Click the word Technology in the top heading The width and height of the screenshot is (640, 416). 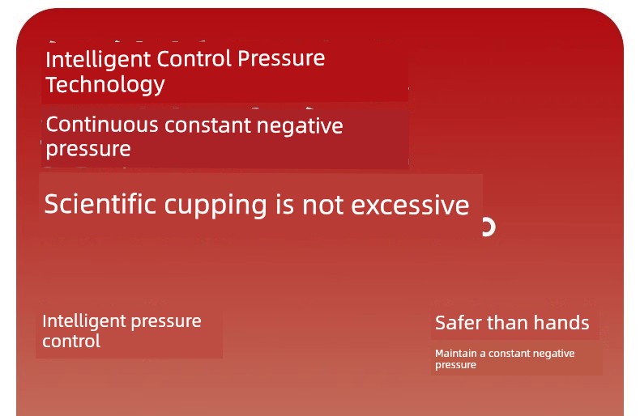105,85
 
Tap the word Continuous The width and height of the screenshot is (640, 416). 102,125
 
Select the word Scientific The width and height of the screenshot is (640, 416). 100,203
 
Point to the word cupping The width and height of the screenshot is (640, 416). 215,205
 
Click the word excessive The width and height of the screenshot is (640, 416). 410,205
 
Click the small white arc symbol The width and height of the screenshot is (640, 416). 489,227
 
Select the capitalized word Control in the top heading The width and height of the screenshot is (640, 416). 194,59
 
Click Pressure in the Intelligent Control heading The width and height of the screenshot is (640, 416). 281,59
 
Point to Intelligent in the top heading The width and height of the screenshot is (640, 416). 98,60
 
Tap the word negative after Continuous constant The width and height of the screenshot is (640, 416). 300,125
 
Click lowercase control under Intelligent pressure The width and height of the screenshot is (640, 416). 71,341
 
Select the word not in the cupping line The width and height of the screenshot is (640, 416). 325,205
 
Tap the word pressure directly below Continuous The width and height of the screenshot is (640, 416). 88,149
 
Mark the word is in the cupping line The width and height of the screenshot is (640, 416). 284,204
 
